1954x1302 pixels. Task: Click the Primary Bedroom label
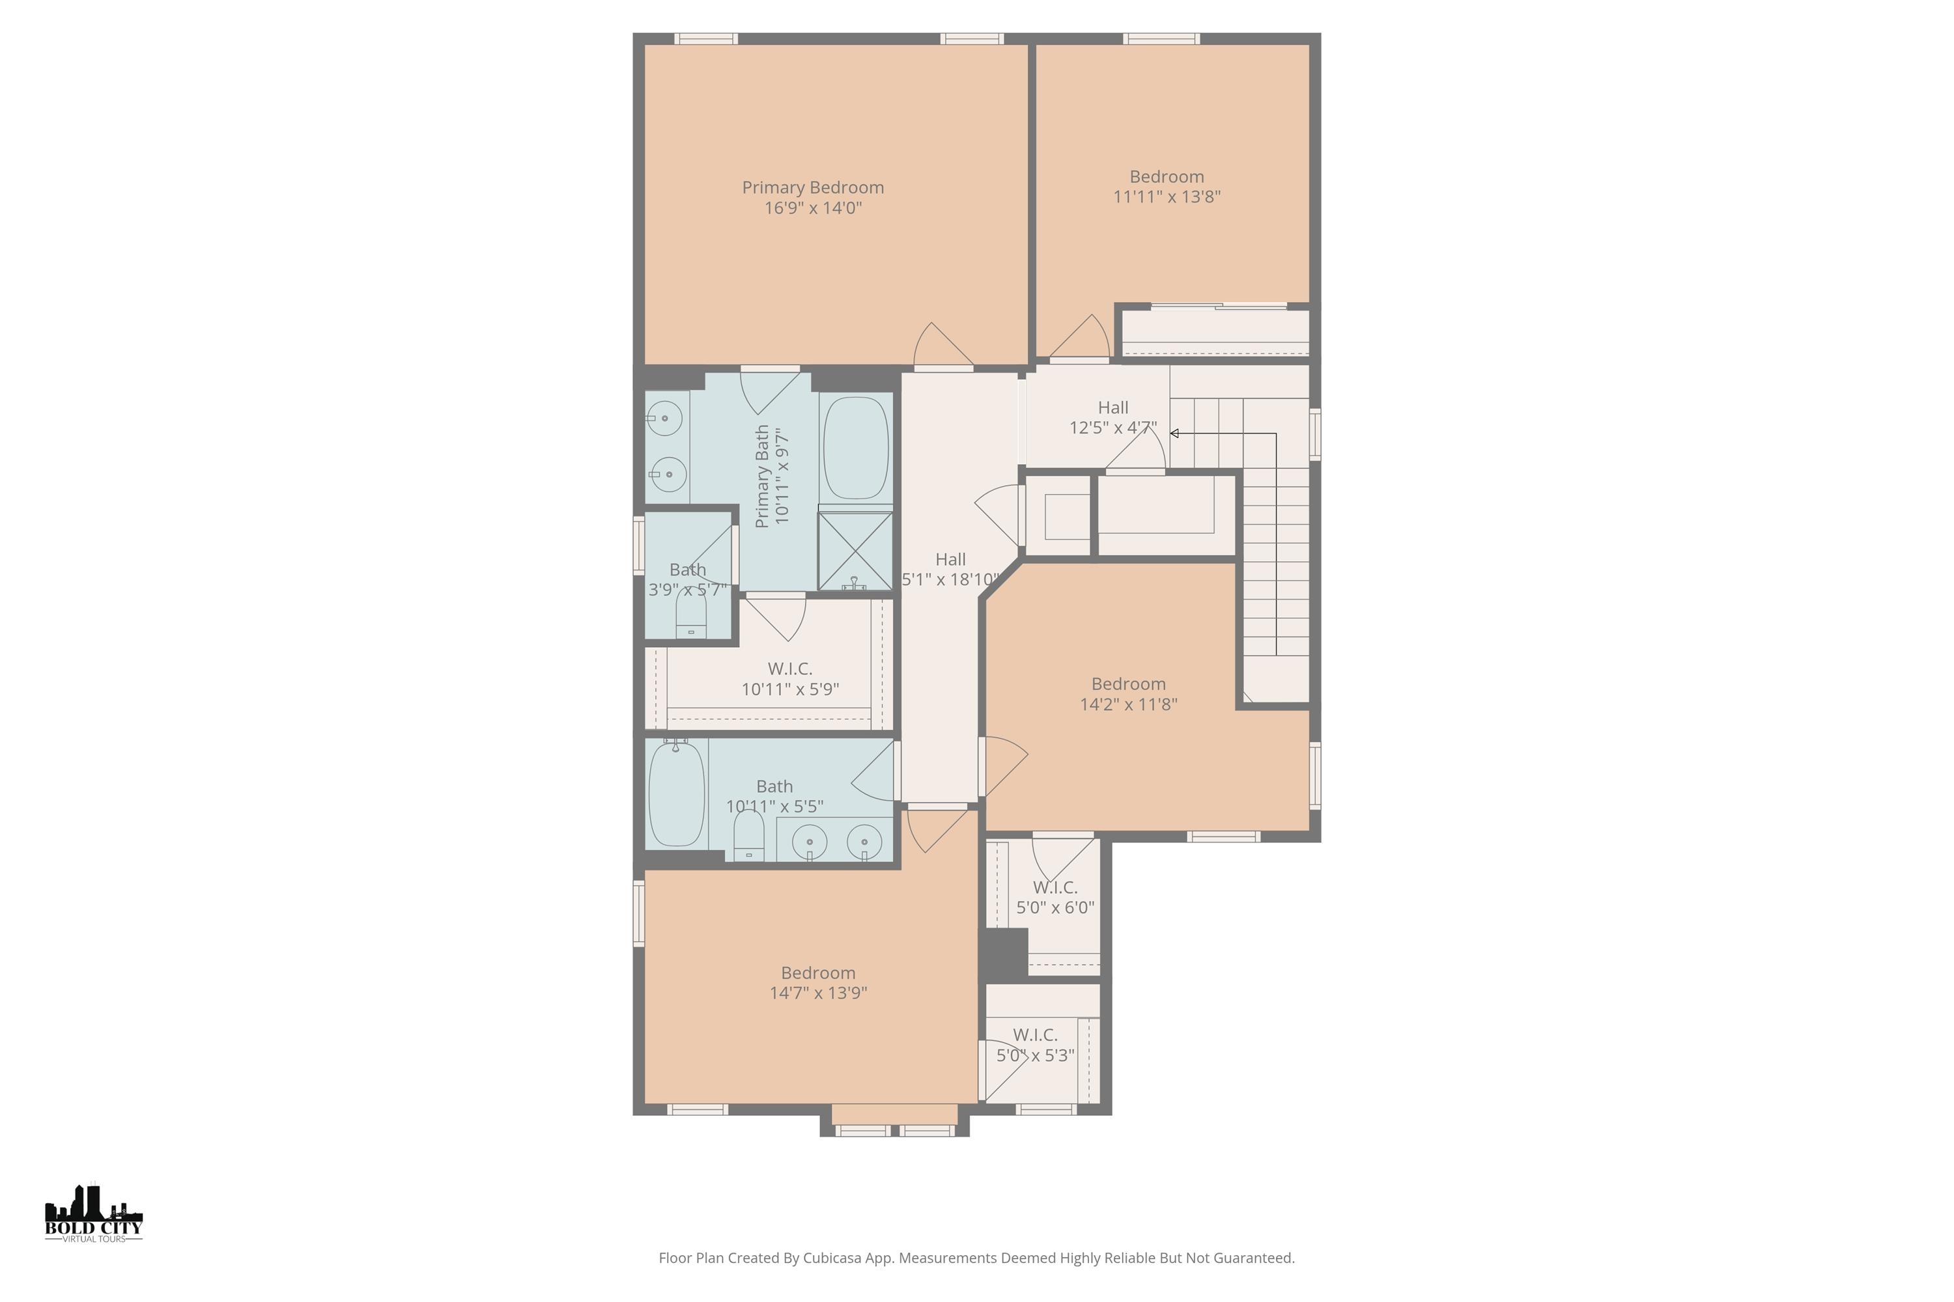812,187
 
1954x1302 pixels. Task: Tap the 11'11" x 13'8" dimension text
1167,197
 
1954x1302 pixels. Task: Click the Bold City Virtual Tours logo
94,1214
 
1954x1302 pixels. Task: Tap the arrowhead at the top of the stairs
1175,434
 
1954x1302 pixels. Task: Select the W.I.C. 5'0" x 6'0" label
1055,898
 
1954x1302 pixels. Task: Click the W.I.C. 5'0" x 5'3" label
1035,1046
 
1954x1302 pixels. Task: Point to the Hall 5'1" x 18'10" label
950,570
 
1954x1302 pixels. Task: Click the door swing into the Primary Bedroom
942,346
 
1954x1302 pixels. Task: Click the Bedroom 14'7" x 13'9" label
817,982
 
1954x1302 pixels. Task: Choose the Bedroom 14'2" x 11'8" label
1128,694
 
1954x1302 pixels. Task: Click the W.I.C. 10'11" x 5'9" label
789,678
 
